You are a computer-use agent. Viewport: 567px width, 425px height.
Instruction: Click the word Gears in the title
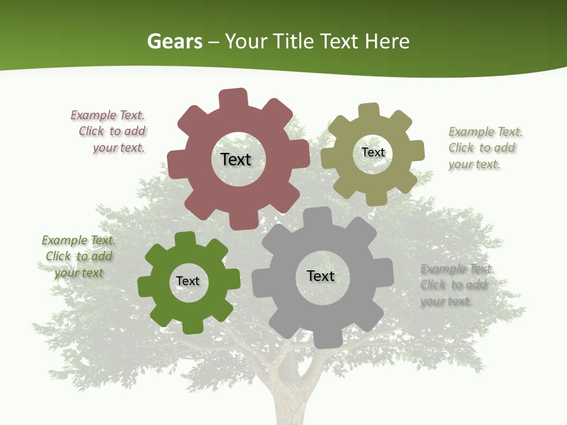tap(174, 41)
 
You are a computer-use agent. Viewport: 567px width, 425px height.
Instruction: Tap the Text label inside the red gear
tap(236, 159)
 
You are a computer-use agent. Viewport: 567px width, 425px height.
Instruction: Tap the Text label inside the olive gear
tap(373, 152)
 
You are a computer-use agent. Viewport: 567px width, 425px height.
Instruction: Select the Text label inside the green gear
tap(188, 281)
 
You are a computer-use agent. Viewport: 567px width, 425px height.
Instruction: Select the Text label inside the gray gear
tap(321, 276)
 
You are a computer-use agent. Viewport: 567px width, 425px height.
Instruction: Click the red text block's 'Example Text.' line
tap(107, 116)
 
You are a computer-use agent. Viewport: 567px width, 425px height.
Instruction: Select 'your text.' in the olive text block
tap(474, 165)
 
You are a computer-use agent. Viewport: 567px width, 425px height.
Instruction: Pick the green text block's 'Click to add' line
tap(79, 256)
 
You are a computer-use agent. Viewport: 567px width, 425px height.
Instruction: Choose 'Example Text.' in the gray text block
tap(457, 269)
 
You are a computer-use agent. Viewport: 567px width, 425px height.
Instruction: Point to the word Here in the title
tap(387, 41)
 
